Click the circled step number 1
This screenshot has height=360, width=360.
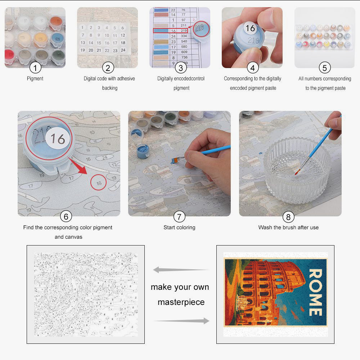click(x=35, y=68)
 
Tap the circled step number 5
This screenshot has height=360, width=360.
click(x=325, y=68)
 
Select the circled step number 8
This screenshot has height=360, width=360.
click(x=288, y=217)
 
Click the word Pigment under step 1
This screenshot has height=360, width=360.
click(x=35, y=78)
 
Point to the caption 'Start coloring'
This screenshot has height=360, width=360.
click(x=179, y=228)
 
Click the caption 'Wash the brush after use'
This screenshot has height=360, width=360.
click(x=288, y=228)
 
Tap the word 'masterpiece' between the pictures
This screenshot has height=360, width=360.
click(x=181, y=302)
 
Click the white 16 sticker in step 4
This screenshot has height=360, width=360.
click(x=250, y=28)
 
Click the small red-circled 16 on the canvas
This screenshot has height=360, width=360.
click(x=99, y=183)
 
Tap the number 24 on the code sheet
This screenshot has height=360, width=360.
click(x=123, y=50)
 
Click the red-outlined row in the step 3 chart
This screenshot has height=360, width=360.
click(x=171, y=31)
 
